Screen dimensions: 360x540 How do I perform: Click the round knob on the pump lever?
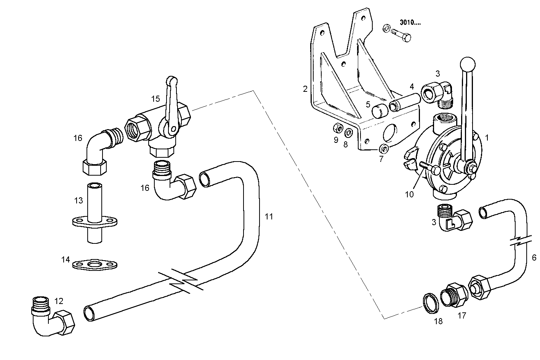point(468,64)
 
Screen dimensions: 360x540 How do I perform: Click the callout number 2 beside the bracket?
point(305,89)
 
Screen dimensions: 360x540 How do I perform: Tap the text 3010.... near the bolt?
point(410,22)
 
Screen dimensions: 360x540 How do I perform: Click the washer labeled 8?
point(348,133)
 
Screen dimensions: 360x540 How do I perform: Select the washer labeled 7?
point(384,148)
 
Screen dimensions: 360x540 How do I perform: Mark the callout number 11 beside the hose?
point(269,216)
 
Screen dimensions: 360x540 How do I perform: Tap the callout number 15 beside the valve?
point(155,99)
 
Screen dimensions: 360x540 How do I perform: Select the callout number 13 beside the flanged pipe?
point(79,200)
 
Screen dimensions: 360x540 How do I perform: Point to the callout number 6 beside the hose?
point(534,258)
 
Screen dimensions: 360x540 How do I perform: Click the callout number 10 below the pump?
point(409,194)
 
